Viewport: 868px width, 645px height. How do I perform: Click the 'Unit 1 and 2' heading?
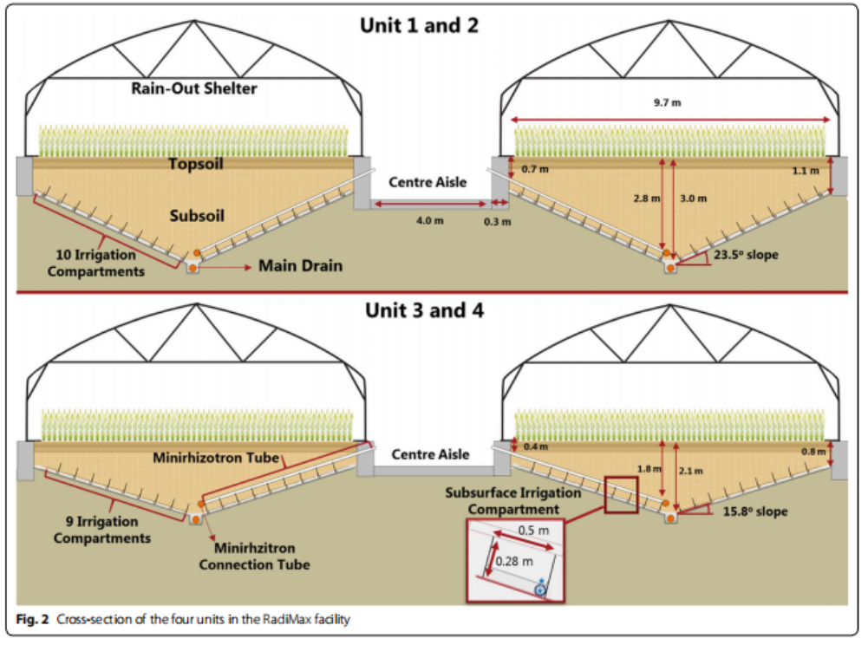419,25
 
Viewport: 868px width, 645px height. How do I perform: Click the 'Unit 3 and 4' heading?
419,309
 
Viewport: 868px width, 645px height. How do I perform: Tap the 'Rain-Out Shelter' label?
194,88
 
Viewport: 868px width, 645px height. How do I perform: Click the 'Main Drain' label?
300,265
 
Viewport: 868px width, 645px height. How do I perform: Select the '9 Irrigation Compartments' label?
101,531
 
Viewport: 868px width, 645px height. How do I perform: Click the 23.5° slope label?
746,255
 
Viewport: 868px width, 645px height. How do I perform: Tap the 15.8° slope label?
754,511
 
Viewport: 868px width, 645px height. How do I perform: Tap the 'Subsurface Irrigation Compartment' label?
513,500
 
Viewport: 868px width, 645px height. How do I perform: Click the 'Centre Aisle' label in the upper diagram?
427,182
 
